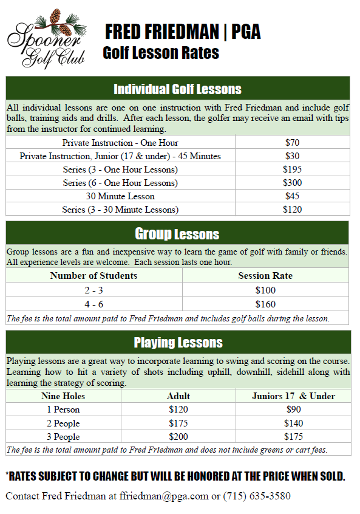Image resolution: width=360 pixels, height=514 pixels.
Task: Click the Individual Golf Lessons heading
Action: click(177, 89)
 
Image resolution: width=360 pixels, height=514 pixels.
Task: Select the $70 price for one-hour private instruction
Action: click(292, 143)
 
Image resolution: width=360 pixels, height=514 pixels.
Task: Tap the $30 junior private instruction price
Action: click(292, 156)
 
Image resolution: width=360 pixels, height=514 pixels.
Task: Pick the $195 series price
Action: click(292, 170)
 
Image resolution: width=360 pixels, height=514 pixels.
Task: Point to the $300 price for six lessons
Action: click(292, 183)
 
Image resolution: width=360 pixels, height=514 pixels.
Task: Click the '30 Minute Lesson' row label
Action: click(120, 196)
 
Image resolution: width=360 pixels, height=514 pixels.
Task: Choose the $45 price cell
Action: click(292, 196)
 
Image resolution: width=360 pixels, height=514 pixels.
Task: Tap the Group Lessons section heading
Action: click(177, 234)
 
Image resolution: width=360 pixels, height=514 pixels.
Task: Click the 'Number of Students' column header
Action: click(93, 276)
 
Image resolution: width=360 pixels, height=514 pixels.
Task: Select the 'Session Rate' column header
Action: click(265, 276)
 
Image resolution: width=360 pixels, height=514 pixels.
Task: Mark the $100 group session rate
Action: click(265, 290)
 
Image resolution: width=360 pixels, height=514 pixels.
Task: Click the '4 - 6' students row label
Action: click(93, 304)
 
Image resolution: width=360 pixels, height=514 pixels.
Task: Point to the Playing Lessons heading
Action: click(177, 342)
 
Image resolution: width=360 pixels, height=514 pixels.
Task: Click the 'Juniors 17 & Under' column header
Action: click(293, 396)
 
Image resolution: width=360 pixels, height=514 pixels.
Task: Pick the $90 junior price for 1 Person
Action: click(293, 409)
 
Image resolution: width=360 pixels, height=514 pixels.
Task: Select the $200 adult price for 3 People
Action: click(178, 437)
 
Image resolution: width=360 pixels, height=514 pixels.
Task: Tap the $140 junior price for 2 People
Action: click(293, 423)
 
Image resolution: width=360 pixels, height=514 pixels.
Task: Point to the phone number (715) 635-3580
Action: click(257, 496)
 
